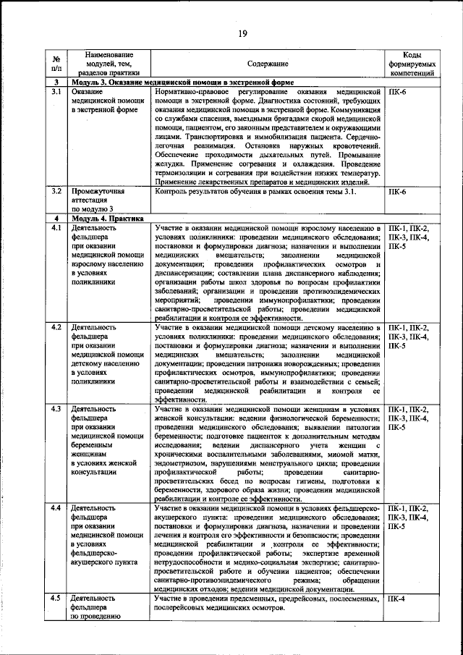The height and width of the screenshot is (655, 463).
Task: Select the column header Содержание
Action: pos(268,64)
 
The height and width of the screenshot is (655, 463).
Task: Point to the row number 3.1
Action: pos(56,93)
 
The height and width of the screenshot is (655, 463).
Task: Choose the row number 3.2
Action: pos(56,192)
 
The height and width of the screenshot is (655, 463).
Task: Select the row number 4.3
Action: pos(56,410)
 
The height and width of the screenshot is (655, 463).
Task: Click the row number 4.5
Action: pos(56,599)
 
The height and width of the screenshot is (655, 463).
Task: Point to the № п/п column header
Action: pos(56,64)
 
